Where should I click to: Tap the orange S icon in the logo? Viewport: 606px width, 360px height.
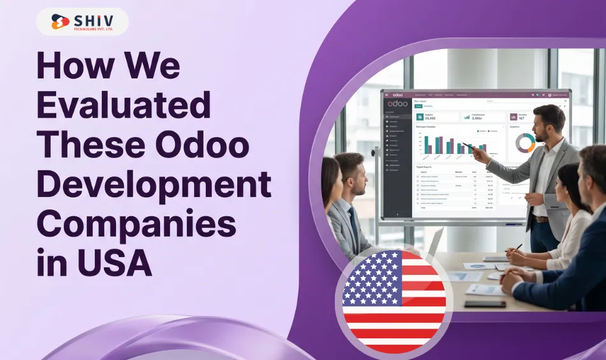point(60,22)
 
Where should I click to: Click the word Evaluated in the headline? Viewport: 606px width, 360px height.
point(124,106)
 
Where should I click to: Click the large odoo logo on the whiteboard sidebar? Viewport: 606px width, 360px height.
point(397,103)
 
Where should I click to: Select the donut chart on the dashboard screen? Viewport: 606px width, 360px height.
point(526,142)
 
